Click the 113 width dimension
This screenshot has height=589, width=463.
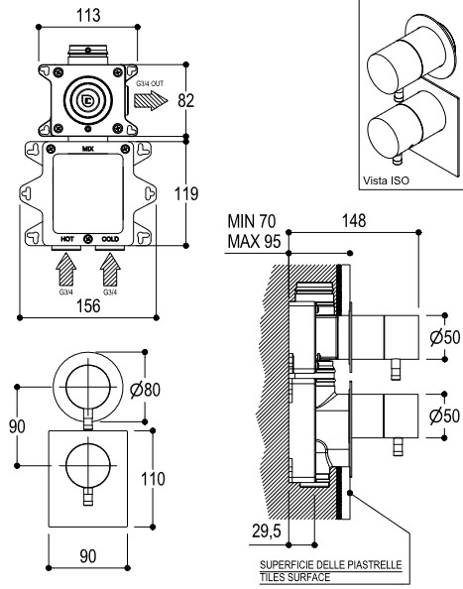(88, 16)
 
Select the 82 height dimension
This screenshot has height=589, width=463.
(185, 101)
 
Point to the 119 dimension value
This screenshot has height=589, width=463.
(186, 193)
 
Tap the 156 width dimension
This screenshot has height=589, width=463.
(88, 305)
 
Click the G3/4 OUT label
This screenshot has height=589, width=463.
(150, 83)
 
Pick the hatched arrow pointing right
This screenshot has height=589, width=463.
(151, 101)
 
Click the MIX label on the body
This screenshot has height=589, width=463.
(88, 149)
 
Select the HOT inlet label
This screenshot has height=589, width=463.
(67, 239)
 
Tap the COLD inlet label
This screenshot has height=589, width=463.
(110, 239)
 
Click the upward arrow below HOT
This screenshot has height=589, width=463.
(66, 270)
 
